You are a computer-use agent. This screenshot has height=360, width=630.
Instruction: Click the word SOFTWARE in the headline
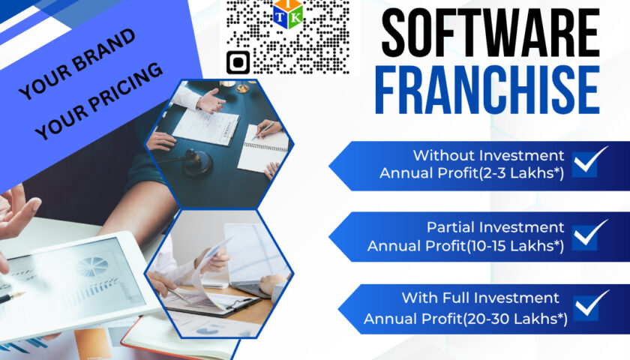pyautogui.click(x=490, y=32)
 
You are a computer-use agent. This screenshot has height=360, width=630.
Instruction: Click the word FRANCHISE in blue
pyautogui.click(x=487, y=91)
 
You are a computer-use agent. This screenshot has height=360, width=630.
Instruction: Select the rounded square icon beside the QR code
pyautogui.click(x=238, y=62)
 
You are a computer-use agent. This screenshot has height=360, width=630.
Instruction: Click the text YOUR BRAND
pyautogui.click(x=76, y=64)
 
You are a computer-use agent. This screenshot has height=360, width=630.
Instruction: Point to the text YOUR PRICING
pyautogui.click(x=98, y=101)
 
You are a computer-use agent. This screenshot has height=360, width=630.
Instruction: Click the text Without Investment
pyautogui.click(x=488, y=155)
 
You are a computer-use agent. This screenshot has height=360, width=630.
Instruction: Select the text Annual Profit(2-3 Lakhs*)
pyautogui.click(x=472, y=173)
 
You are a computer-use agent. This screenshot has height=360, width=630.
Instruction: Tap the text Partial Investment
pyautogui.click(x=496, y=227)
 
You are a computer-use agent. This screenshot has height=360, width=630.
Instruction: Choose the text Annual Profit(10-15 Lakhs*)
pyautogui.click(x=466, y=246)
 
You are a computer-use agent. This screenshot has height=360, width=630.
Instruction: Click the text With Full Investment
pyautogui.click(x=481, y=298)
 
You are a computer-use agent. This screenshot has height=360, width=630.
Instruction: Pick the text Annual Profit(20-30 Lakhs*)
pyautogui.click(x=466, y=319)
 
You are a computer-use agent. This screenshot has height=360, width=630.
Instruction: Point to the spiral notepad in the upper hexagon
pyautogui.click(x=263, y=148)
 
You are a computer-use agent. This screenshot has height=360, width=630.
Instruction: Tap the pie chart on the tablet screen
pyautogui.click(x=92, y=266)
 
